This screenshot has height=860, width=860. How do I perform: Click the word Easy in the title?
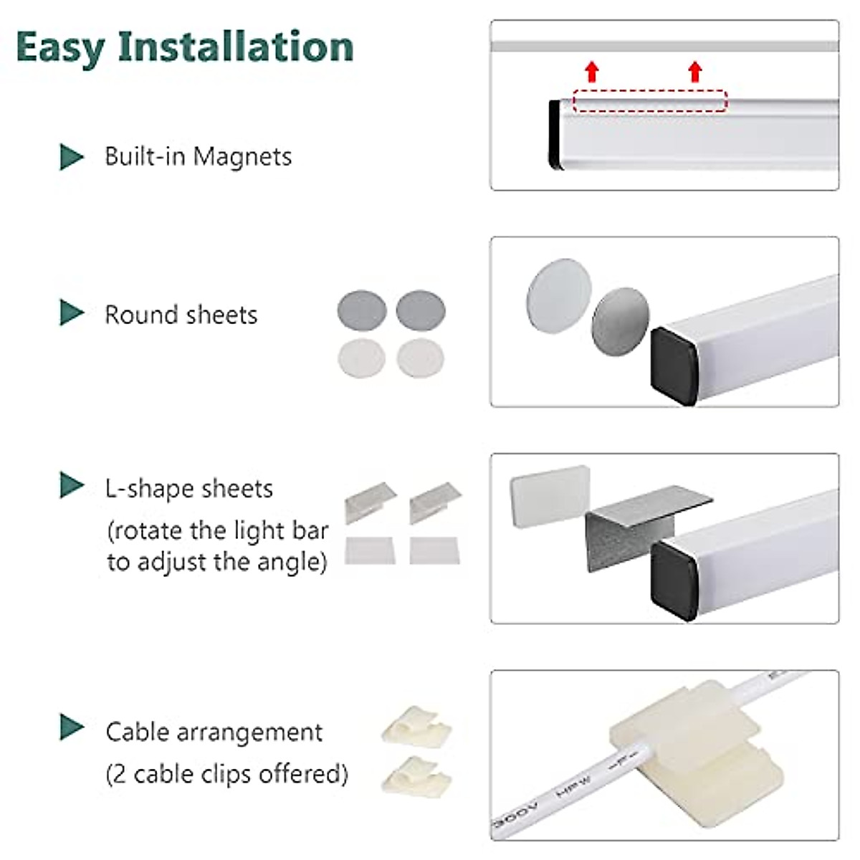pos(60,47)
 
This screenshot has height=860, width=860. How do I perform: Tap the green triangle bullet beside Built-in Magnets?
pos(71,157)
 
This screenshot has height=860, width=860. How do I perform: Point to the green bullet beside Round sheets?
pos(71,313)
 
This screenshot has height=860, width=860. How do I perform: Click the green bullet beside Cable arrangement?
pos(71,727)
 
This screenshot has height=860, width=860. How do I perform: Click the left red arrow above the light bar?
pos(592,72)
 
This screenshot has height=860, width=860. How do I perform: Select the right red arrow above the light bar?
pos(694,72)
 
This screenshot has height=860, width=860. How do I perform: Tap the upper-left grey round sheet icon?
pos(362,311)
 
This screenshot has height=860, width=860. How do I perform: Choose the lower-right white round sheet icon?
pos(420,357)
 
